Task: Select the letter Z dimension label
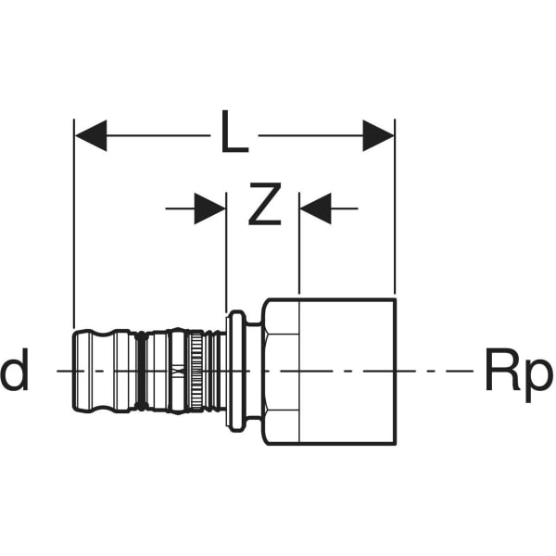(x=264, y=209)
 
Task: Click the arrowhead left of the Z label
(x=209, y=209)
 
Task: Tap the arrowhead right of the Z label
(x=316, y=209)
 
